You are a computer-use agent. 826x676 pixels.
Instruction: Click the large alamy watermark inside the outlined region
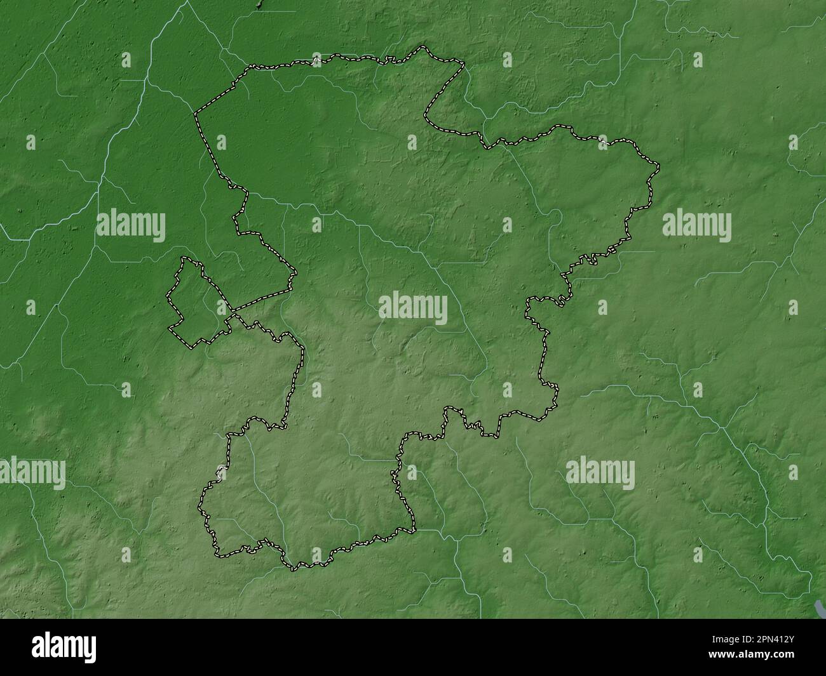coord(413,309)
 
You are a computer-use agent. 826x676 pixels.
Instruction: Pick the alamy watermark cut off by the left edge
coord(32,473)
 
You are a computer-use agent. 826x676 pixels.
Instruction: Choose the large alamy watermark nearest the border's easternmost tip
coord(696,225)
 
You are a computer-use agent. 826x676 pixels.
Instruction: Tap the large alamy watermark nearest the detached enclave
coord(131,225)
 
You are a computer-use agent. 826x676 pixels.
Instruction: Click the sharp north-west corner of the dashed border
coord(195,114)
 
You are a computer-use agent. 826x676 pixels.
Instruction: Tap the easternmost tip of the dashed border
coord(659,168)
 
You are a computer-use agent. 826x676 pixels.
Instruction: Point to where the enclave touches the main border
coord(232,313)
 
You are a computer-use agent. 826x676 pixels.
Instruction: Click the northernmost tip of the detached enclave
coord(184,257)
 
